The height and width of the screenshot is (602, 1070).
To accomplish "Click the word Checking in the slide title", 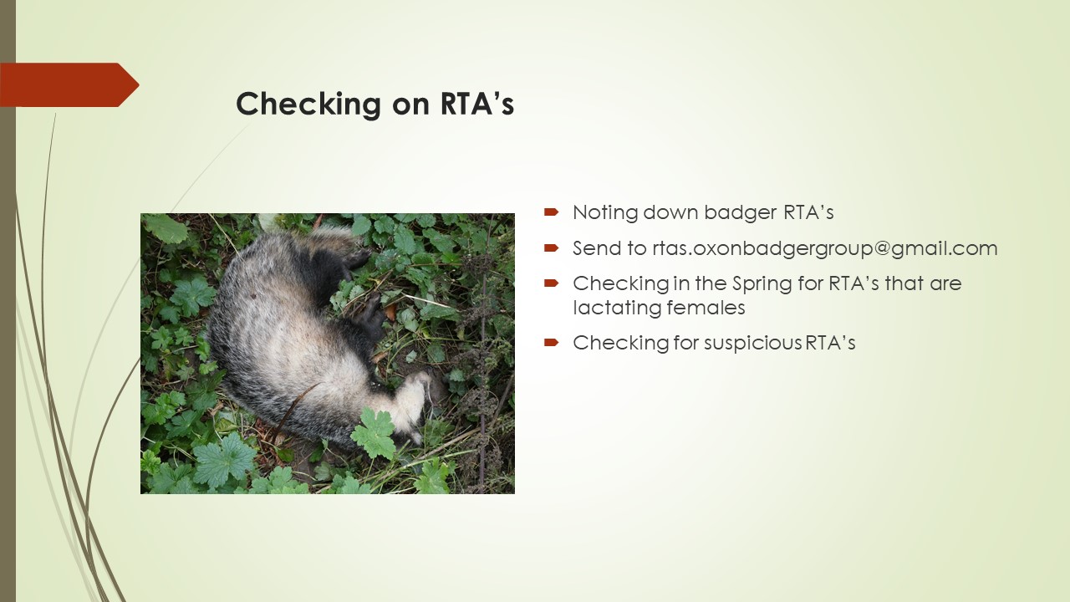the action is click(x=308, y=105).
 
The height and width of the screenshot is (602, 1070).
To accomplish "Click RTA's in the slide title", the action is click(x=476, y=103).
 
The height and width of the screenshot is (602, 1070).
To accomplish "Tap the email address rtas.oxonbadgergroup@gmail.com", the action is click(x=825, y=249).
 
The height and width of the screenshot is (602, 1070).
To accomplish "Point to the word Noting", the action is click(x=605, y=213).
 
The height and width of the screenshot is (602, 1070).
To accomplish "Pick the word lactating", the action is click(x=617, y=308).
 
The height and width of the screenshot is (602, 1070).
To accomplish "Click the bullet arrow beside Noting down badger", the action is click(x=551, y=212).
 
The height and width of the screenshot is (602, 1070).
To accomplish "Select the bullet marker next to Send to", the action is click(x=551, y=247).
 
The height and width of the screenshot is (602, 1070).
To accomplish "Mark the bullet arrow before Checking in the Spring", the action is click(x=551, y=283).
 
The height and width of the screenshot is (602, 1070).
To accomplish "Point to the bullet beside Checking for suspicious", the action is click(x=551, y=342).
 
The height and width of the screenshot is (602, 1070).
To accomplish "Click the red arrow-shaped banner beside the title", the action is click(x=69, y=84).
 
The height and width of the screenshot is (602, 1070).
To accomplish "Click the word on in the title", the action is click(x=410, y=105).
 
